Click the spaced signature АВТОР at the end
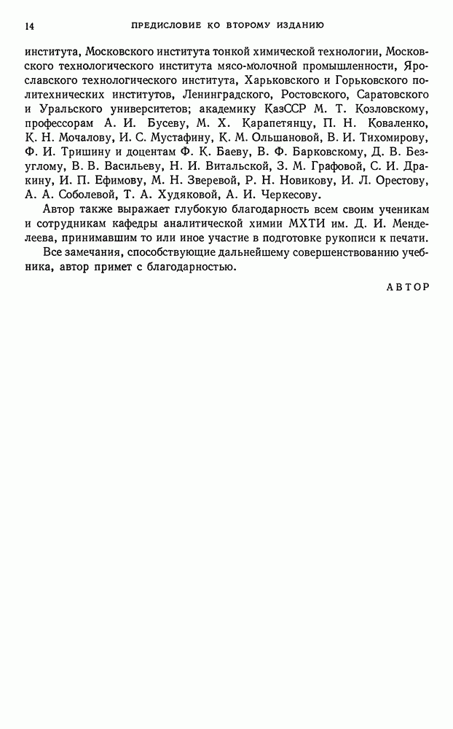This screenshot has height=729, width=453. click(x=408, y=286)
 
